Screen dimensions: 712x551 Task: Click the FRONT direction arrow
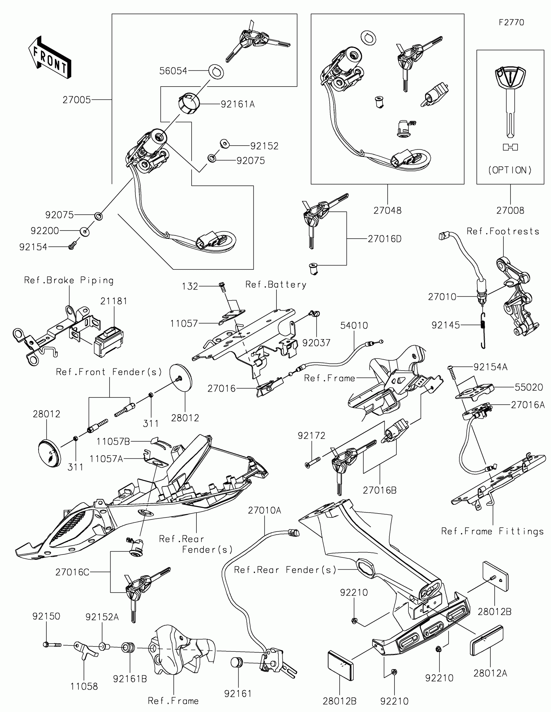point(50,57)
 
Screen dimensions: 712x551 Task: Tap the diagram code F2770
point(511,22)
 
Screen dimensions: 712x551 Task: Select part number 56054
point(173,71)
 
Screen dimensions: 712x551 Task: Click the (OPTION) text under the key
point(510,170)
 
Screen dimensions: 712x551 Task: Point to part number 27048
point(387,210)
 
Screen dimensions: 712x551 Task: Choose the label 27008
point(510,210)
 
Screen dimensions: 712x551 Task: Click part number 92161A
point(238,104)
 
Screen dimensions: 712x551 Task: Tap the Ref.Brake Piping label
point(69,280)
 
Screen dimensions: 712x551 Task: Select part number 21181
point(114,301)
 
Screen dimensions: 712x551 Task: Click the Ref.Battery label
point(276,285)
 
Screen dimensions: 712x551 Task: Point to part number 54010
point(354,325)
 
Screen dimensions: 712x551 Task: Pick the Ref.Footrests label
point(503,231)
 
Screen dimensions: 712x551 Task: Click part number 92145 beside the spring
point(445,325)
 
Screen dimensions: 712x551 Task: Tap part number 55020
point(529,387)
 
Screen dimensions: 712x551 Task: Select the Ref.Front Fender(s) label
point(109,372)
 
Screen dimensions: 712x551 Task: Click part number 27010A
point(264,510)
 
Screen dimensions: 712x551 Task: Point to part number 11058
point(84,686)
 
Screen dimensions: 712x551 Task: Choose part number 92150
point(46,616)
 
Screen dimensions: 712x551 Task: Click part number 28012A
point(490,673)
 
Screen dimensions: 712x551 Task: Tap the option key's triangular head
point(510,78)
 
